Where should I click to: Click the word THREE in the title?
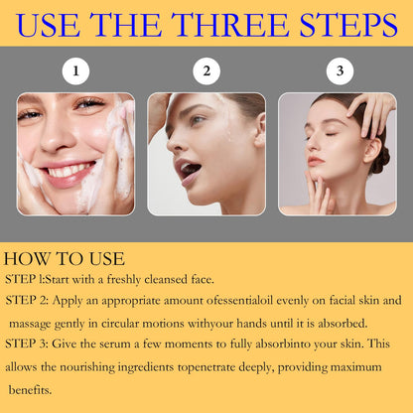coord(230,25)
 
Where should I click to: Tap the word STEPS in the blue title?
coord(348,25)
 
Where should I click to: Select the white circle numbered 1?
coord(75,71)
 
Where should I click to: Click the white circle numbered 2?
coord(206,71)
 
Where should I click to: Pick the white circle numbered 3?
coord(340,71)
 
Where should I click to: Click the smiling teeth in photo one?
coord(69,171)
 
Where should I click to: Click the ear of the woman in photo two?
coord(260,130)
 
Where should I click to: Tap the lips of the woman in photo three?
coord(315,161)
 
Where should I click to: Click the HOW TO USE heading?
coord(65,259)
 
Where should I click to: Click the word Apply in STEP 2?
coord(68,301)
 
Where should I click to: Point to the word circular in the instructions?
coord(120,324)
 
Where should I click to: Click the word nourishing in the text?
coord(87,367)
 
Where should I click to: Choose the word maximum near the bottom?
coord(356,367)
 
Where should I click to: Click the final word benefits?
coord(30,390)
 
